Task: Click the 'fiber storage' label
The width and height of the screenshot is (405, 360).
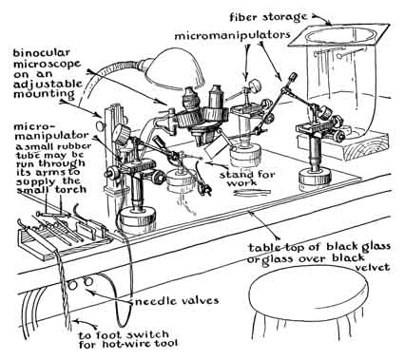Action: [268, 17]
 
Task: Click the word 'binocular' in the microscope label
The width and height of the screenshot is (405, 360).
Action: [41, 53]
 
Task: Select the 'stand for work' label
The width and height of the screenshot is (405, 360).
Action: [247, 179]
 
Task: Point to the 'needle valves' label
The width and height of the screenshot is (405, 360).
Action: [177, 300]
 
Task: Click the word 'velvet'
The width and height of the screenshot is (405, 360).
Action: [372, 267]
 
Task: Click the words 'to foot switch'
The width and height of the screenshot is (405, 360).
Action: [124, 334]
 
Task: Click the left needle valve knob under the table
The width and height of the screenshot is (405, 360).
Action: [73, 286]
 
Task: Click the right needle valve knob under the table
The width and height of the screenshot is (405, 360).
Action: [87, 281]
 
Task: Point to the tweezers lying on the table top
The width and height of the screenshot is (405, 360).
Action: [253, 193]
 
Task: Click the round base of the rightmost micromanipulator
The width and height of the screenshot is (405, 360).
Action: [316, 180]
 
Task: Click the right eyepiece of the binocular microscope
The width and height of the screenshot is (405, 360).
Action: [217, 95]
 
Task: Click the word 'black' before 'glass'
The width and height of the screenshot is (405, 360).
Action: [333, 246]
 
